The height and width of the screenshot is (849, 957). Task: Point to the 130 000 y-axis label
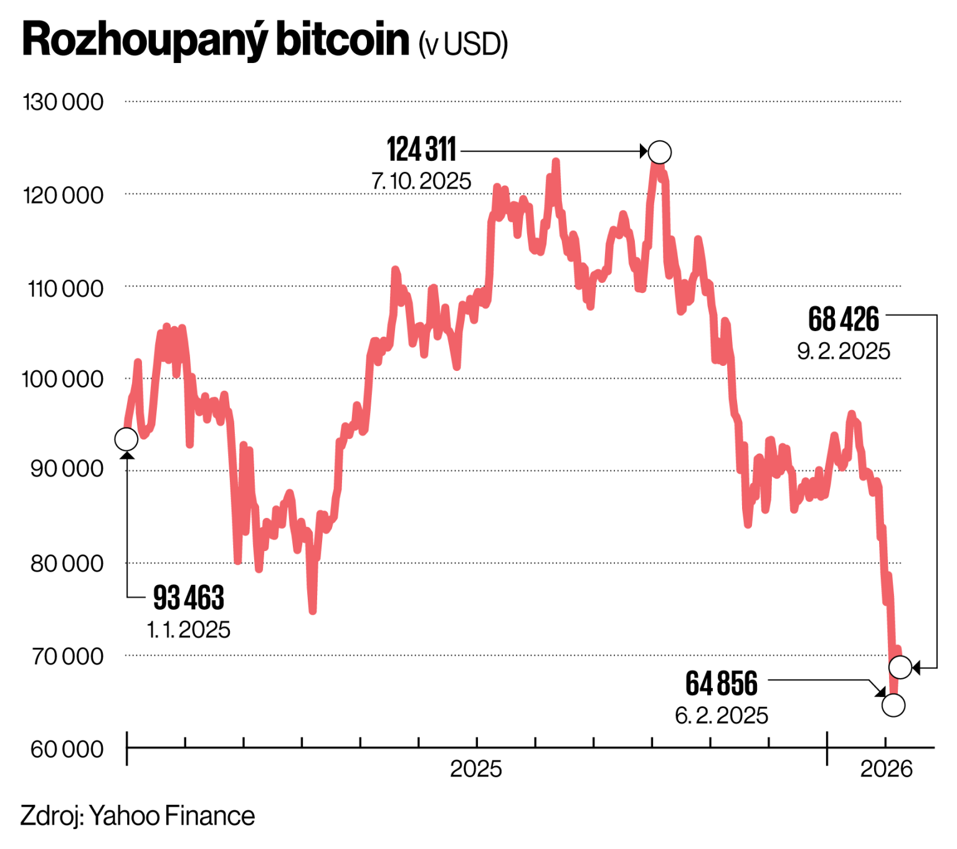click(63, 102)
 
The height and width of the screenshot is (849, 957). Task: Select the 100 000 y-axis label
click(63, 379)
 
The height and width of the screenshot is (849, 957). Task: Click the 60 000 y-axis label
click(67, 749)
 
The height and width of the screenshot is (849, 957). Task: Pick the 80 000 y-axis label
click(67, 564)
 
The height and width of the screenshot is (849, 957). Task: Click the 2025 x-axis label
click(476, 769)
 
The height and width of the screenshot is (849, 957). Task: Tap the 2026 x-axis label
click(886, 769)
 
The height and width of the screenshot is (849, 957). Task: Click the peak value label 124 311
click(422, 150)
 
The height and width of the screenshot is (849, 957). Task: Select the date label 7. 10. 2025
click(422, 181)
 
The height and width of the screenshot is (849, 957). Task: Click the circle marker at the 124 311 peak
click(660, 152)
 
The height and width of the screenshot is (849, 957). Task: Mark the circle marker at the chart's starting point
click(126, 439)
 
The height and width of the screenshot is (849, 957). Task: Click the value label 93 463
click(188, 598)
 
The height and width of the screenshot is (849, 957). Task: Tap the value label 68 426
click(844, 319)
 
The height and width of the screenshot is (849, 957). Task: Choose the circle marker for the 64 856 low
click(893, 705)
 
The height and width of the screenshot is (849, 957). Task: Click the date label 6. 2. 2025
click(721, 715)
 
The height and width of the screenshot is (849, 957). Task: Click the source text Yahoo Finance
click(172, 816)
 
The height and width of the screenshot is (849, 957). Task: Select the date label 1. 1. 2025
click(188, 630)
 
